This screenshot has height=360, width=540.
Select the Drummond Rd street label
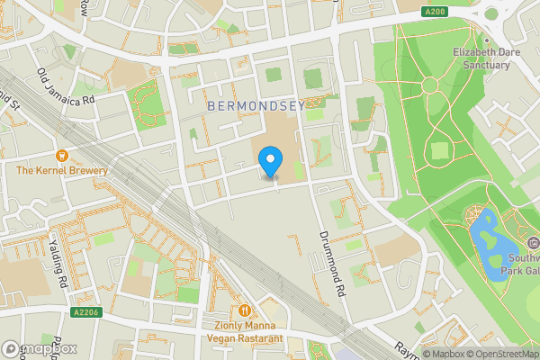click(x=331, y=262)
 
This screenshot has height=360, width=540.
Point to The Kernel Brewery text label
click(x=61, y=170)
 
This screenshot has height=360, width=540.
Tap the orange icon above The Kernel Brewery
click(x=62, y=155)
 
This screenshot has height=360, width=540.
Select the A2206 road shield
click(x=85, y=310)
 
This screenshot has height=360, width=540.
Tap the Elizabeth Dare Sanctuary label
click(x=486, y=58)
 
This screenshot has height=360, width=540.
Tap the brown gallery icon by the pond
click(x=533, y=243)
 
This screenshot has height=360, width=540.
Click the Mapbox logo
click(x=40, y=348)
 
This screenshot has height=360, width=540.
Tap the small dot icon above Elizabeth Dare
click(x=486, y=40)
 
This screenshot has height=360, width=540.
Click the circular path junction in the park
click(x=429, y=85)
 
